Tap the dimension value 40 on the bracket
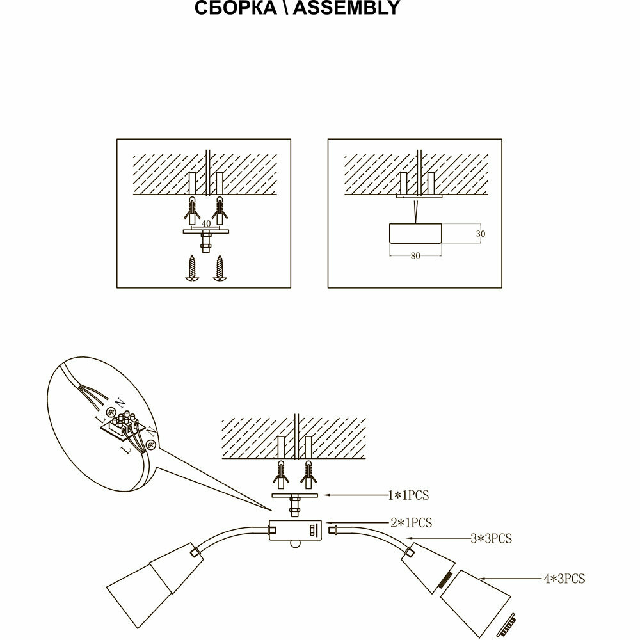click(206, 224)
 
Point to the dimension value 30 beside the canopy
click(481, 234)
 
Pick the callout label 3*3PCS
click(492, 538)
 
